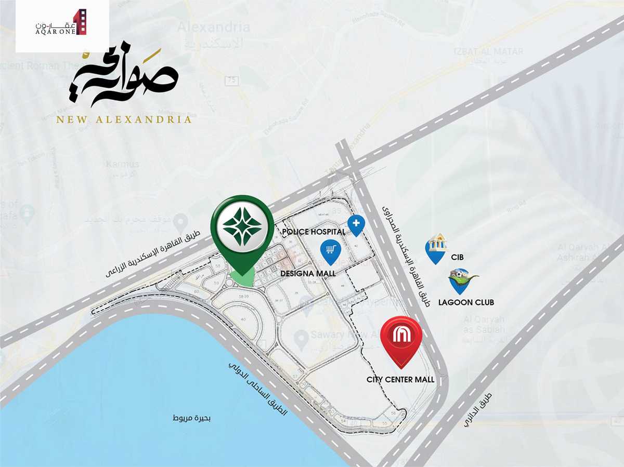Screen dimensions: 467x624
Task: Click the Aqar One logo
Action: click(62, 23)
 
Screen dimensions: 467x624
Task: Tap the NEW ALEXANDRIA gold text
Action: click(124, 119)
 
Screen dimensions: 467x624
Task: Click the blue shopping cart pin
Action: click(330, 251)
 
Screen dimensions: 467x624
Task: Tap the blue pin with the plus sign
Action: click(356, 225)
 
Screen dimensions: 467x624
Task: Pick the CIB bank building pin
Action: click(436, 247)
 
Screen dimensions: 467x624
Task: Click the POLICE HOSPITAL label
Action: click(313, 232)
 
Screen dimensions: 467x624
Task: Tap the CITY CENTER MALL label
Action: click(400, 380)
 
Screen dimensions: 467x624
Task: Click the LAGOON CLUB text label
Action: click(466, 302)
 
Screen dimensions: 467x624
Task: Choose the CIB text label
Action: click(457, 257)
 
